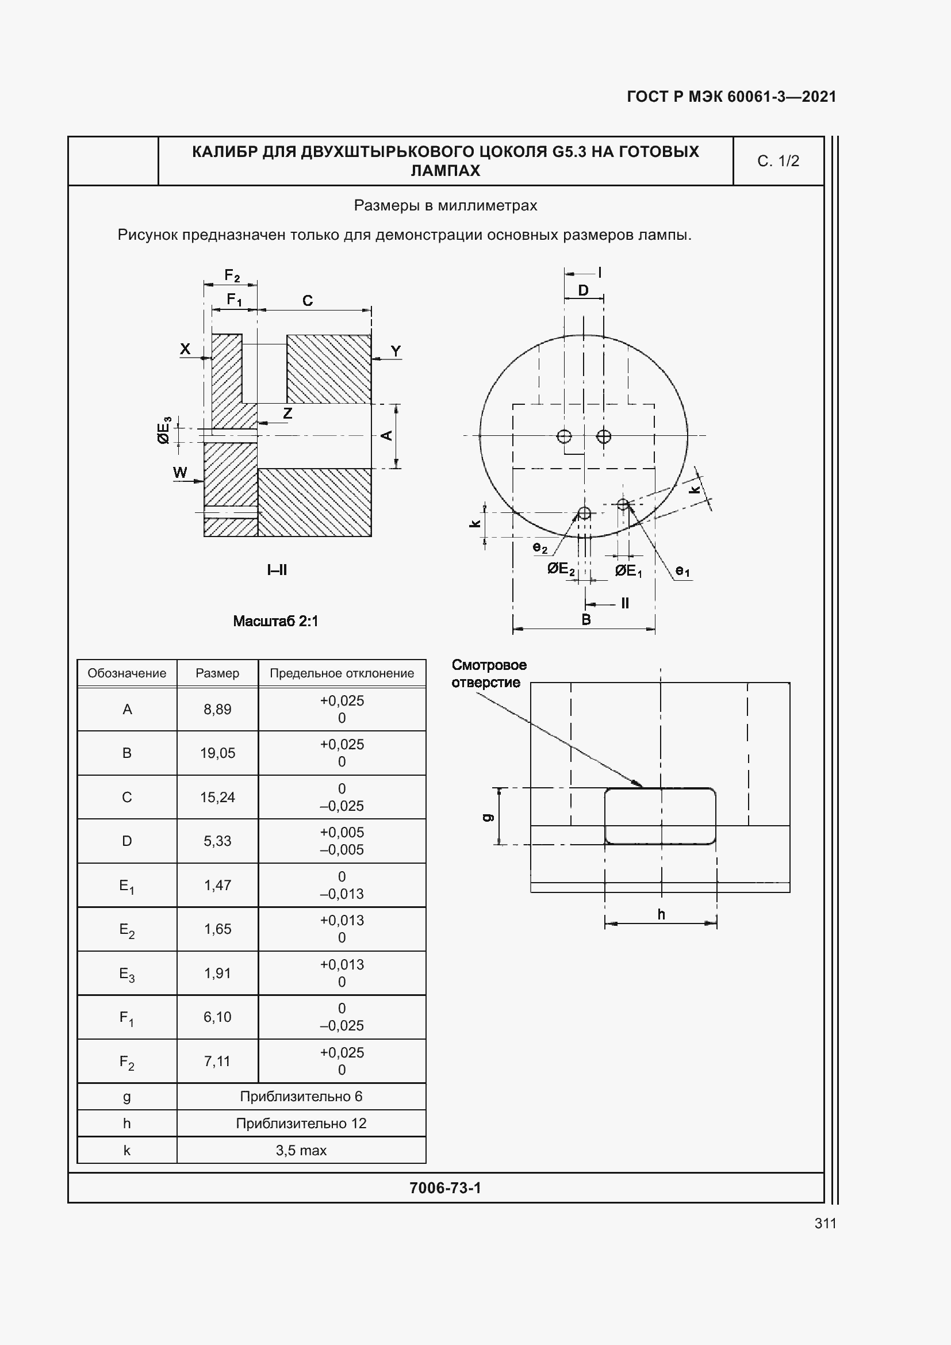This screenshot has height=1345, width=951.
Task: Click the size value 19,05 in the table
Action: coord(217,753)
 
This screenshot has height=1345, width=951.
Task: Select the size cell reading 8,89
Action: coord(217,709)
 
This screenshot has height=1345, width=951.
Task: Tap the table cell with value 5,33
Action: coord(217,841)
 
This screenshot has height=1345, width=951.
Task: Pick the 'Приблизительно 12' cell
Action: coord(301,1123)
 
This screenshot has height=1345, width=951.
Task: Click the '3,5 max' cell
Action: coord(301,1150)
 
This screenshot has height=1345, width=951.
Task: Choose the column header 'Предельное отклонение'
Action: coord(342,673)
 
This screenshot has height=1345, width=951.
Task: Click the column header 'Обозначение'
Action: coord(126,673)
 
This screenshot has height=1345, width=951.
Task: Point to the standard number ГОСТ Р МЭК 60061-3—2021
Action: coord(731,97)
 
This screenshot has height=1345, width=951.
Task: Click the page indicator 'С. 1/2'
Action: coord(778,161)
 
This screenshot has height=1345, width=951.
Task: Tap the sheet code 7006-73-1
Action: coord(445,1187)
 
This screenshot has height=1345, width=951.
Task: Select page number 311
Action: coord(825,1223)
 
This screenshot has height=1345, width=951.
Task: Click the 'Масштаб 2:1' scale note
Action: coord(275,621)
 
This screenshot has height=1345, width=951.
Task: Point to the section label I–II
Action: coord(277,570)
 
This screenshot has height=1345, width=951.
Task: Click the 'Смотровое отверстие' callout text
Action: coord(488,674)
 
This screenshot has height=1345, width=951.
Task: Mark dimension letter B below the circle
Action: coord(585,620)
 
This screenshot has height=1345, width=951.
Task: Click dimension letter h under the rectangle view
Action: coord(661,914)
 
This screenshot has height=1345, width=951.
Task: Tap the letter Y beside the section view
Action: coord(396,351)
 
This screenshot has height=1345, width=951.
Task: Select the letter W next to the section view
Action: coord(180,472)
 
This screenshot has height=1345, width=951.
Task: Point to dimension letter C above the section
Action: coord(308,301)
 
